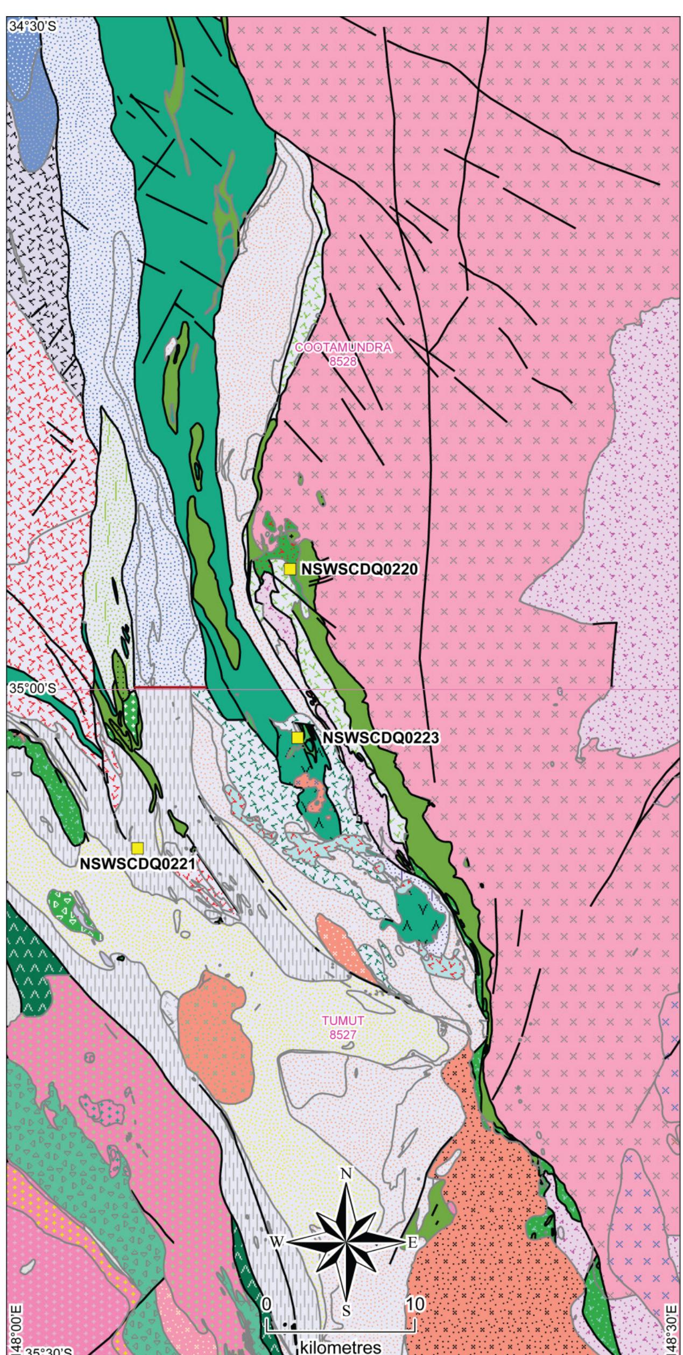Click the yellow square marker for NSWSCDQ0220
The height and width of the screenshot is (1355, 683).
point(290,569)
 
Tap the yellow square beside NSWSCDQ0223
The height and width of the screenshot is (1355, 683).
point(297,738)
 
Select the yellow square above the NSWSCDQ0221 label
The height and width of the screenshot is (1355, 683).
point(138,848)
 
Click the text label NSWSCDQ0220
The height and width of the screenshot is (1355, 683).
point(359,569)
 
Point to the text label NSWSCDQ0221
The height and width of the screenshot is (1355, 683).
point(138,864)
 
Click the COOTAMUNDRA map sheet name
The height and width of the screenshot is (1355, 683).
point(343,347)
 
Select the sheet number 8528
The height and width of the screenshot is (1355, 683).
point(343,361)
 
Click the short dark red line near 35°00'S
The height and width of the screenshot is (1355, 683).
point(170,687)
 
